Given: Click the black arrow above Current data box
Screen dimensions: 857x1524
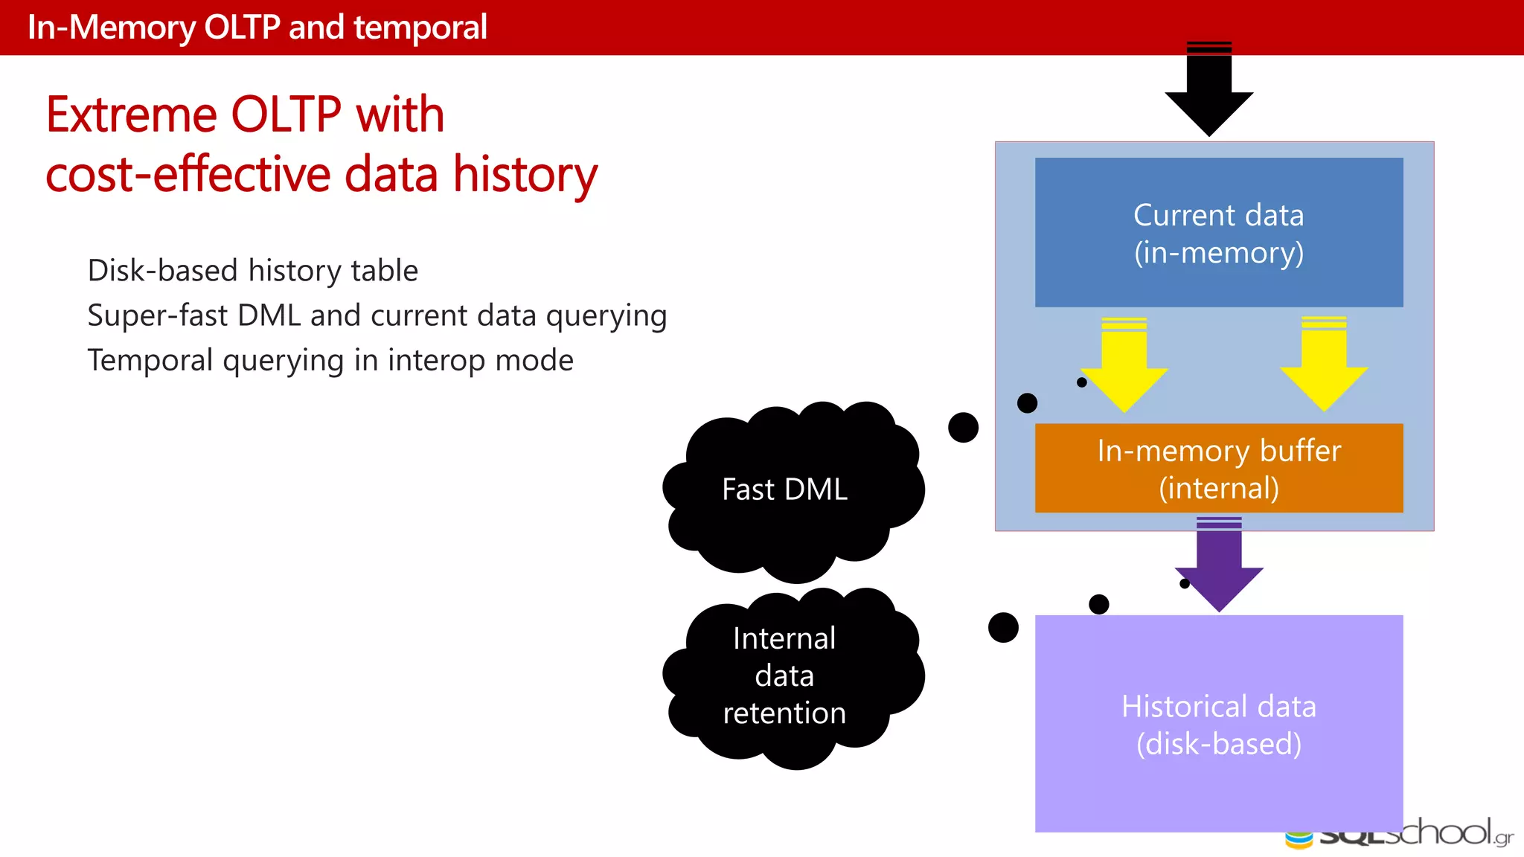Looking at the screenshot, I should pos(1209,89).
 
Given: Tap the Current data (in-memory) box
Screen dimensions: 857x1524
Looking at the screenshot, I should pos(1219,233).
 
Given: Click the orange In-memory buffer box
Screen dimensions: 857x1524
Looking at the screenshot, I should pos(1219,469).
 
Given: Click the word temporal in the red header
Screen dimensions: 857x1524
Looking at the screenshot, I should pos(420,28).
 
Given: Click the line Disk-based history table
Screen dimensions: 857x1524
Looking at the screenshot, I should pos(253,271).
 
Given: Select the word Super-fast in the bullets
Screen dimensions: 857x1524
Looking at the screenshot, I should pos(157,315).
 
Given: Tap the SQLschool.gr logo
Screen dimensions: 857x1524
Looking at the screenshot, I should pos(1399,835).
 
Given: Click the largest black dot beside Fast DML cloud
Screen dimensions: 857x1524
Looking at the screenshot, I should pos(963,428).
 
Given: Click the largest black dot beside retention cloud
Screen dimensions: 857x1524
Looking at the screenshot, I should pos(1003,628).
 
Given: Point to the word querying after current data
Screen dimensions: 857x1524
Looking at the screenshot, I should pos(606,316).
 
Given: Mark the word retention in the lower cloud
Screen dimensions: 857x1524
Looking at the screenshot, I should pos(784,713).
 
